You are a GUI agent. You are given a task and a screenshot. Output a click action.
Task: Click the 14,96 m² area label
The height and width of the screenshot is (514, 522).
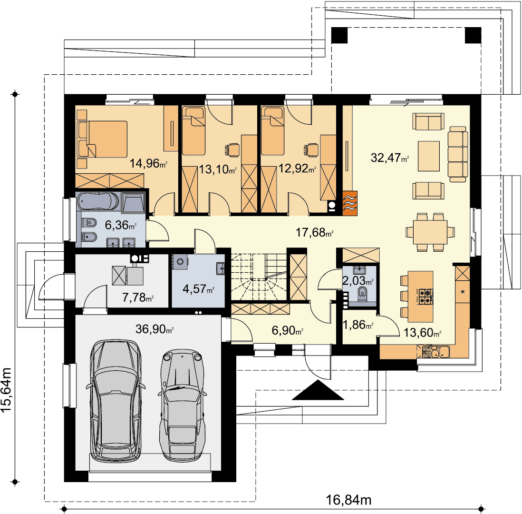148,163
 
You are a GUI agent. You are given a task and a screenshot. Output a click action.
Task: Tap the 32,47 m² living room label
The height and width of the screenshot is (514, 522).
389,158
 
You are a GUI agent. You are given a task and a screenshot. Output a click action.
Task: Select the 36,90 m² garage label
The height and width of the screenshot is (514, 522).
155,329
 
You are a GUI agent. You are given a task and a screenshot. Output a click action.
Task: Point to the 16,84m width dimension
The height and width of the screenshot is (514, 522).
348,500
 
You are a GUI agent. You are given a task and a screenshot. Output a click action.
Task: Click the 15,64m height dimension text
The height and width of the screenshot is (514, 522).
6,390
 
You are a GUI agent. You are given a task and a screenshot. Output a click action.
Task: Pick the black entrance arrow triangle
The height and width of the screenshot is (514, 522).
318,390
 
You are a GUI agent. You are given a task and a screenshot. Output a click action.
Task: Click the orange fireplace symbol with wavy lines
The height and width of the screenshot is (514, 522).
350,203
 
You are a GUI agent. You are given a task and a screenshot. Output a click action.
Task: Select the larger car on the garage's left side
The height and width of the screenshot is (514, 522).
116,401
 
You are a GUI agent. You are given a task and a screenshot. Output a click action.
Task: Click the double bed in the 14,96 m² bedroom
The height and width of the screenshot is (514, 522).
102,139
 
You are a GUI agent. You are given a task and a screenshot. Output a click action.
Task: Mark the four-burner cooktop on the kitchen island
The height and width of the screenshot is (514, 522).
425,297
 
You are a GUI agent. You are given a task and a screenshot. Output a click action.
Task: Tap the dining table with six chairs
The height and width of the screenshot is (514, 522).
430,232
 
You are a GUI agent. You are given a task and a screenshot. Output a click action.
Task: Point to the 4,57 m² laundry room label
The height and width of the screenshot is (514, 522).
198,289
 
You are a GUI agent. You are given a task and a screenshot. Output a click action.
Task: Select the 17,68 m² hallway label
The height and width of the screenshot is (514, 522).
315,232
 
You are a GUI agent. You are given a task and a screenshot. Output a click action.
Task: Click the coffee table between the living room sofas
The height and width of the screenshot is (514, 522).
429,156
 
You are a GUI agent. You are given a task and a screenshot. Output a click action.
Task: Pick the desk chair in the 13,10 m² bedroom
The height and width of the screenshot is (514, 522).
232,149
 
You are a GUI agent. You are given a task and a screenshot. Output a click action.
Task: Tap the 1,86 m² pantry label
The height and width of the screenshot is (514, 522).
358,324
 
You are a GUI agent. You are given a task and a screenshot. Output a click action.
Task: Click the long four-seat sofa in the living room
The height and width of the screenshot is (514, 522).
458,154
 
